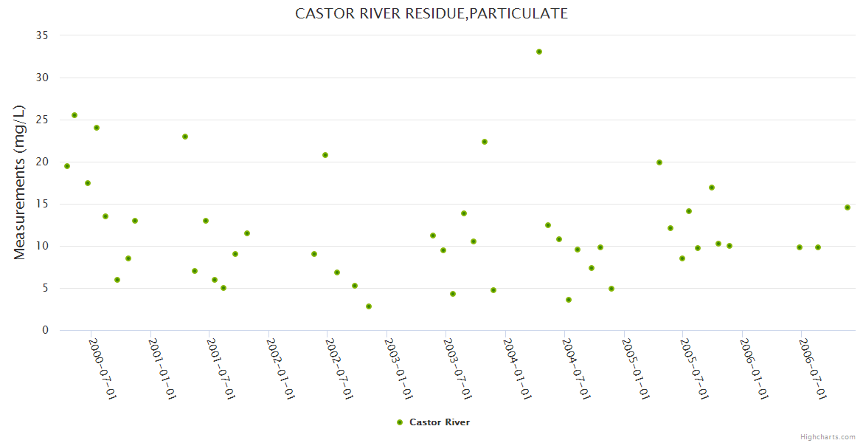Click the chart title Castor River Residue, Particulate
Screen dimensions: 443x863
[431, 13]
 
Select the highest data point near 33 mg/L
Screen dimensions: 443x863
[539, 52]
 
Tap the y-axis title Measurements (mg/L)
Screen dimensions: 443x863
[20, 182]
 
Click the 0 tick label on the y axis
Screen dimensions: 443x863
[45, 330]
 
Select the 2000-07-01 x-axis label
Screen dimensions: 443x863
[103, 368]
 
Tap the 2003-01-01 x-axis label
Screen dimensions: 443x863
[398, 368]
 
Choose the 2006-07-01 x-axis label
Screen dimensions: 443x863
[812, 368]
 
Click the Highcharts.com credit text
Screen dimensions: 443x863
[828, 436]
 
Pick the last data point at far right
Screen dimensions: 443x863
[848, 207]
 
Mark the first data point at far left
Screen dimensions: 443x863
[67, 166]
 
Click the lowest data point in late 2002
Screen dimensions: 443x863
[369, 306]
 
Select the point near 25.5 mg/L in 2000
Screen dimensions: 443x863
[74, 115]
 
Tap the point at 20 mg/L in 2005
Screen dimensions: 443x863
[659, 162]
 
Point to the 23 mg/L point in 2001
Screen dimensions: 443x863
[185, 137]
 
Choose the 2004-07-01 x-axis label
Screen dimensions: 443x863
[575, 368]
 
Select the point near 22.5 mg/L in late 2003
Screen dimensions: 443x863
[485, 142]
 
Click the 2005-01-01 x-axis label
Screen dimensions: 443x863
[634, 368]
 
